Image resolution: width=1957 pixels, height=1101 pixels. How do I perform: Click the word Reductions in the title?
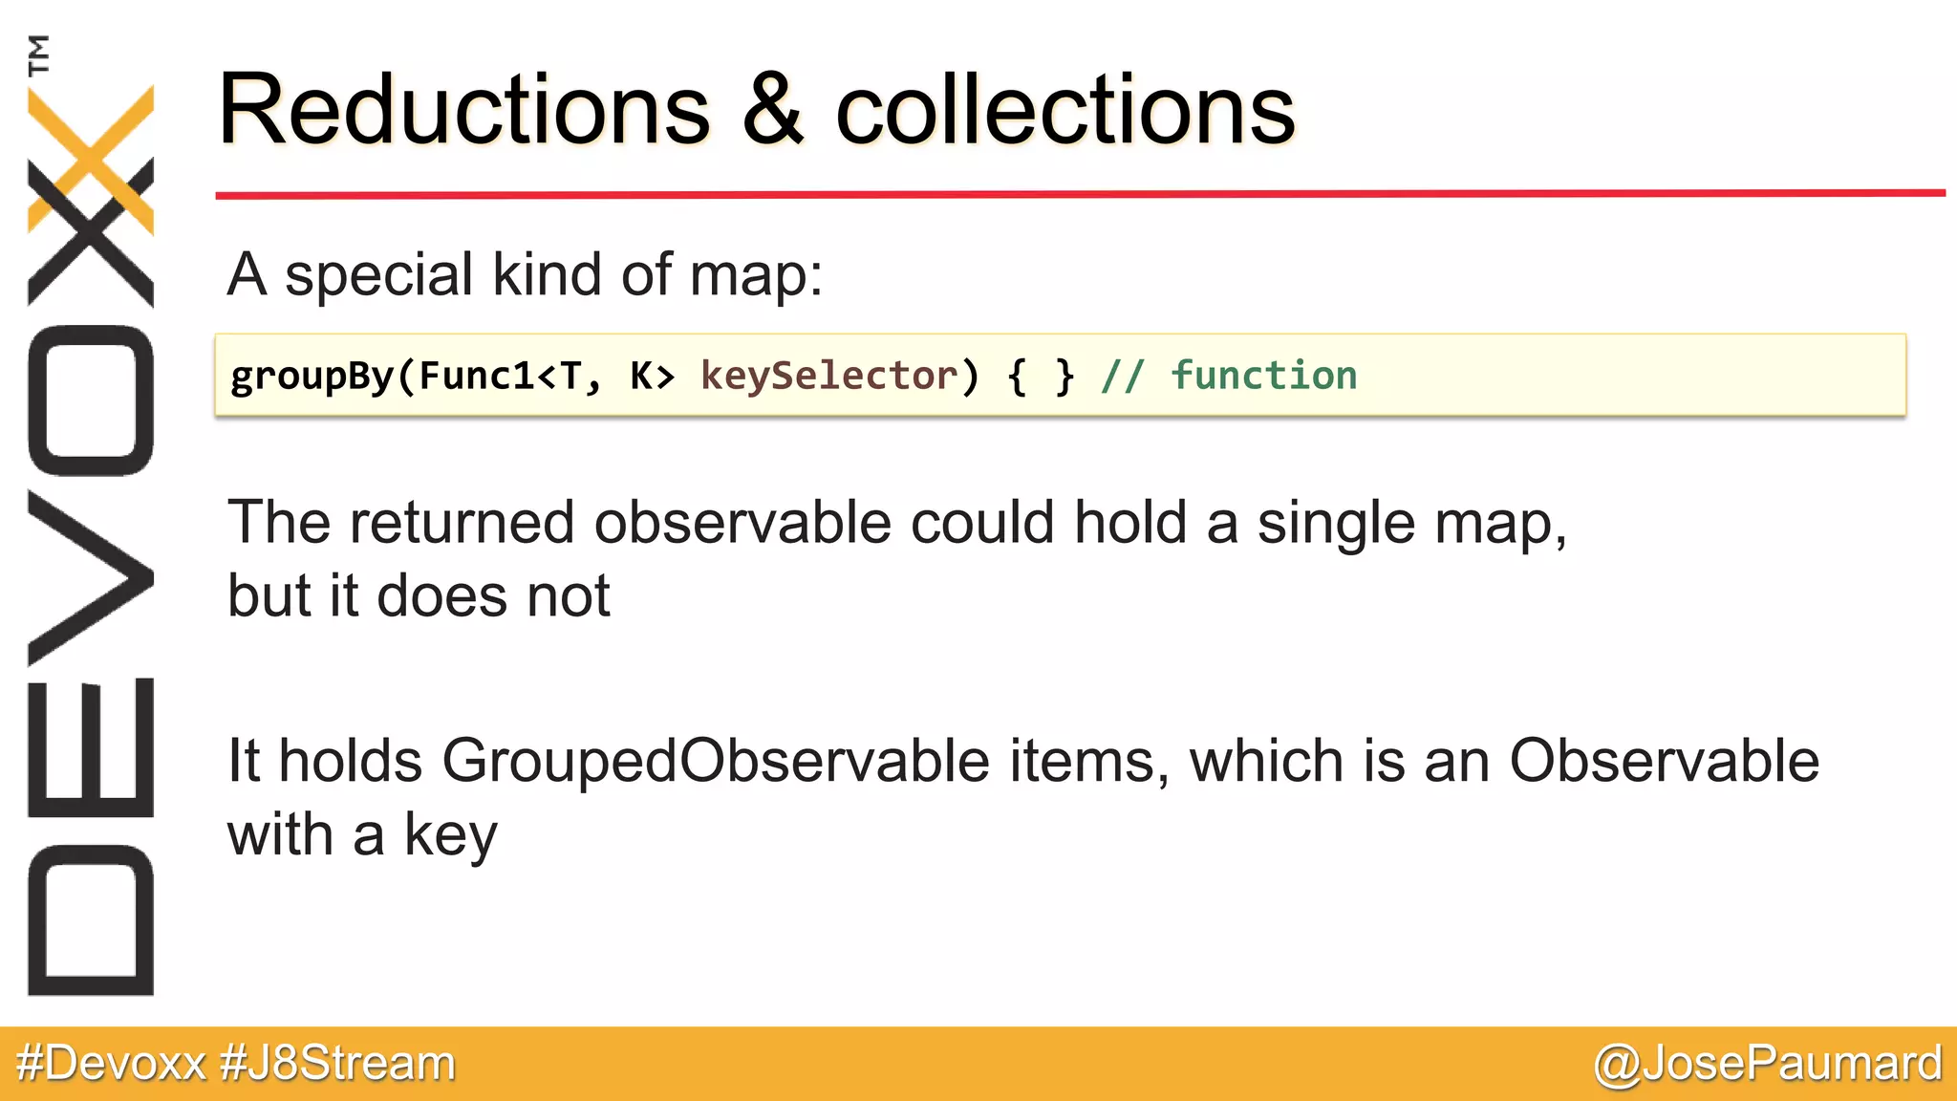pyautogui.click(x=464, y=111)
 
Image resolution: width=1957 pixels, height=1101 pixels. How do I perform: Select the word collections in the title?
pyautogui.click(x=1065, y=111)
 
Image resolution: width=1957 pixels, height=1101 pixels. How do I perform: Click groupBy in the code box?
pyautogui.click(x=312, y=377)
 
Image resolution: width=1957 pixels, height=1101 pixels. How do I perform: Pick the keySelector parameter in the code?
pyautogui.click(x=828, y=376)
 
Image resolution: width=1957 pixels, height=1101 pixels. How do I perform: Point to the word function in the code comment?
pyautogui.click(x=1263, y=376)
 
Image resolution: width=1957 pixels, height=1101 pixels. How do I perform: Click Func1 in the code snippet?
pyautogui.click(x=478, y=376)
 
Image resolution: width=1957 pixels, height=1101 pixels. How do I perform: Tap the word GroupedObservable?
pyautogui.click(x=716, y=762)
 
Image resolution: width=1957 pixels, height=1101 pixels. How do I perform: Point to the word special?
pyautogui.click(x=378, y=275)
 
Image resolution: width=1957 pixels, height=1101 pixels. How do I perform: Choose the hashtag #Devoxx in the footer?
pyautogui.click(x=112, y=1064)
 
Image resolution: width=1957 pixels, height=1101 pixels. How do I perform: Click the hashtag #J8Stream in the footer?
pyautogui.click(x=337, y=1064)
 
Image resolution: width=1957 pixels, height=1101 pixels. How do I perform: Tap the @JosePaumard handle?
pyautogui.click(x=1767, y=1064)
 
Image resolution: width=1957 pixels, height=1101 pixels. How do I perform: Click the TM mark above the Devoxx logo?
pyautogui.click(x=39, y=54)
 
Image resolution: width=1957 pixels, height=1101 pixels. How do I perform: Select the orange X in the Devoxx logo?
pyautogui.click(x=91, y=158)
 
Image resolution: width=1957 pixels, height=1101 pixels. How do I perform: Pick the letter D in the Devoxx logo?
pyautogui.click(x=91, y=920)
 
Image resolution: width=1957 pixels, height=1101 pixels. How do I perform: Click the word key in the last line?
pyautogui.click(x=451, y=835)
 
